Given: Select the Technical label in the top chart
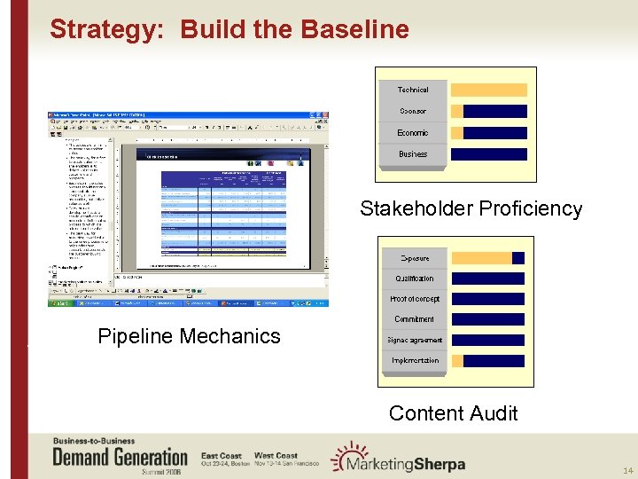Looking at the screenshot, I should (413, 90).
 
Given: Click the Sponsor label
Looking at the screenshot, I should (413, 111).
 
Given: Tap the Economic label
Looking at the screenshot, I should (413, 132).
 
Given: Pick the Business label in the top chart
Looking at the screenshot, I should (413, 153).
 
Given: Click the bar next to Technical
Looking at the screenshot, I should (488, 90).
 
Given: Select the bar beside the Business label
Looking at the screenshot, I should (488, 153).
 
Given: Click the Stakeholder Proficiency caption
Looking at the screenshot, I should (471, 209).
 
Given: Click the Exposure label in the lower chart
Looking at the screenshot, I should (415, 258).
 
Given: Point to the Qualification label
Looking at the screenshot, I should (415, 279).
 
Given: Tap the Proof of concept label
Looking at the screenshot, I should (415, 299).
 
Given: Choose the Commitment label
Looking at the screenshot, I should (415, 319).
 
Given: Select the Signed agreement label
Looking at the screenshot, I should (415, 340).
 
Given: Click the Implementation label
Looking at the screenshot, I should (415, 360).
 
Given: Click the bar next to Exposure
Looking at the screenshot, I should (488, 258).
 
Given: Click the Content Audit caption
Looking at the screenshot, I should (454, 413).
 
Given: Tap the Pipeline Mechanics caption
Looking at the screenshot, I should (189, 336).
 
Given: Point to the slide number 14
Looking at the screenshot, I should (627, 470).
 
